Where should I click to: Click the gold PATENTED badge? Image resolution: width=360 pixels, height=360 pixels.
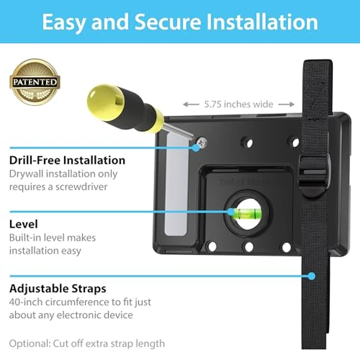point(35,81)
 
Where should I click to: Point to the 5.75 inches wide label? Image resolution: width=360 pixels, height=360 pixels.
point(239,104)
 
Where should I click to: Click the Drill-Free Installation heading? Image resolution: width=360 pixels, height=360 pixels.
point(67,160)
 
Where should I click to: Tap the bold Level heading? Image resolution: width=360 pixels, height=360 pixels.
point(23,224)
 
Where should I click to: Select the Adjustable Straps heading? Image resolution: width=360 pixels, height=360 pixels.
point(58,289)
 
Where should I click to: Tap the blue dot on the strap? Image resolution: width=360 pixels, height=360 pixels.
point(311,276)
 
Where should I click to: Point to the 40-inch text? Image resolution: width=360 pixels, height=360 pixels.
point(26,302)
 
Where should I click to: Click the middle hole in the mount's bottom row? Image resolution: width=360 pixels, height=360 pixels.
point(249,247)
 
